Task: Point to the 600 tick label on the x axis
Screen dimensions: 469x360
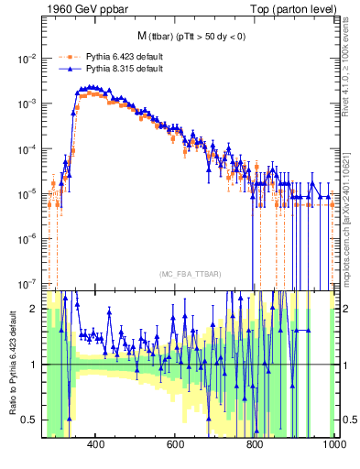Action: point(176,444)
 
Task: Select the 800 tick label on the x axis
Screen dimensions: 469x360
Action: point(256,444)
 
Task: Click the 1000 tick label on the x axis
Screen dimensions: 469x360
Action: point(333,444)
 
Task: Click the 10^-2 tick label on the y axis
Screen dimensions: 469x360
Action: point(25,59)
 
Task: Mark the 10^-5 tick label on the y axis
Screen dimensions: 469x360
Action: point(25,193)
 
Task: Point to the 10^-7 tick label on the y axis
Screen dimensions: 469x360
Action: point(25,283)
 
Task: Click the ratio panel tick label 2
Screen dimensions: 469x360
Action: point(32,309)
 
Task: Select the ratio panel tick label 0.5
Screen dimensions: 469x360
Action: point(28,420)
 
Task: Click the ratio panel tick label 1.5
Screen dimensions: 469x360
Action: point(28,337)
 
